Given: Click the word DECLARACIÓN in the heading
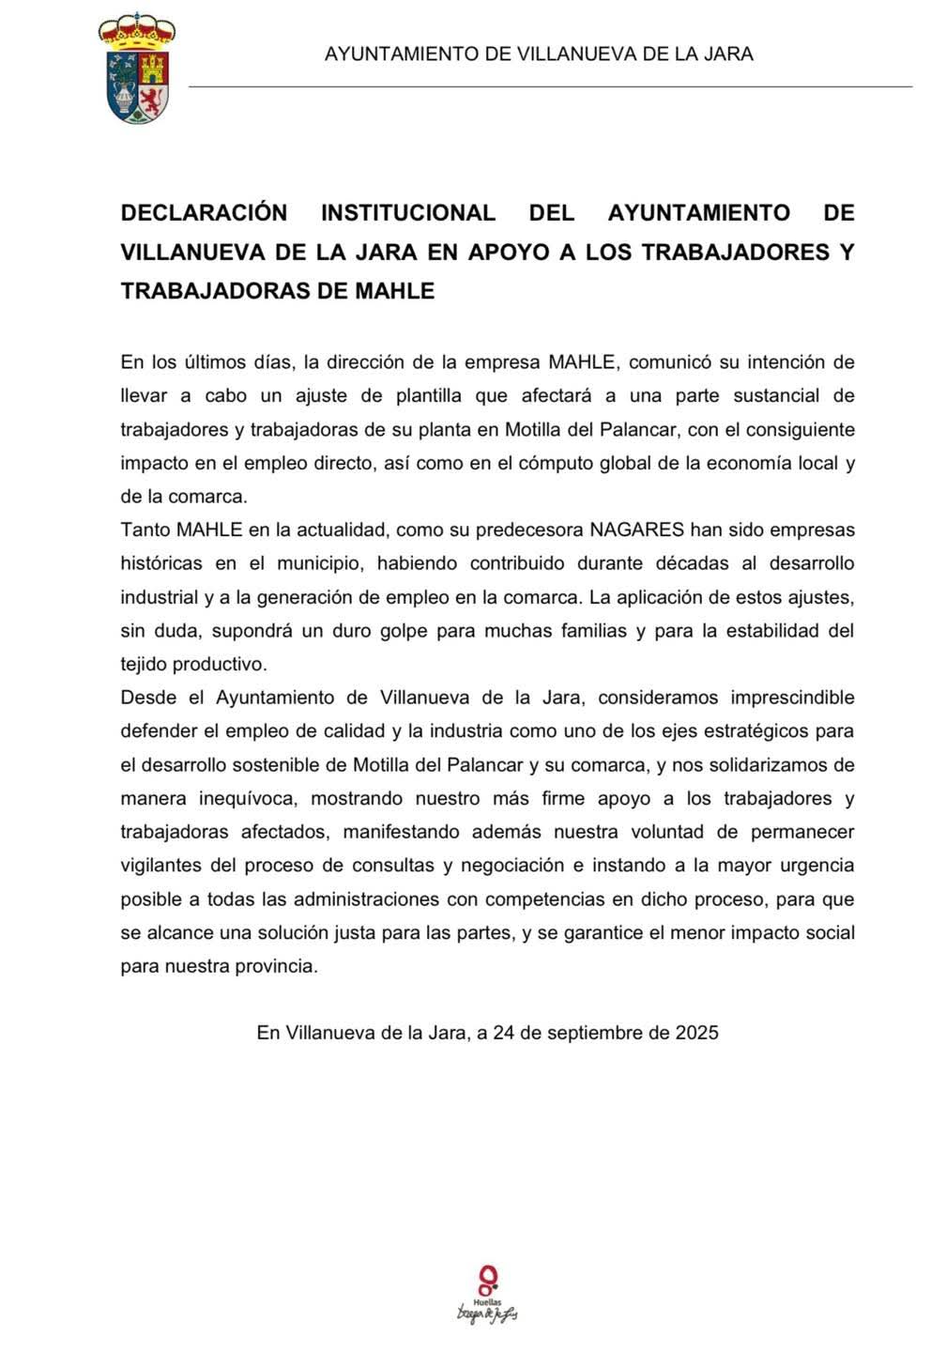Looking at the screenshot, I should click(204, 213).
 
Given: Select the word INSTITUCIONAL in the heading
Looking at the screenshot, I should click(408, 213).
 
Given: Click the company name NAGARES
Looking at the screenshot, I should click(636, 530).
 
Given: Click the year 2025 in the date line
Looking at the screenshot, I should click(696, 1033).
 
